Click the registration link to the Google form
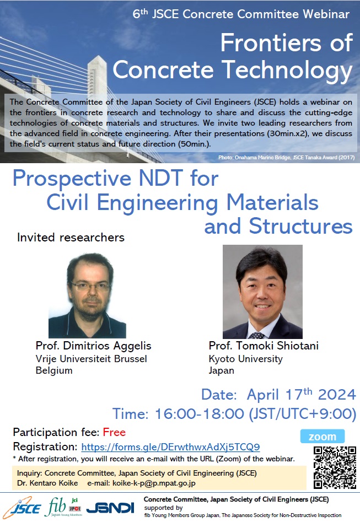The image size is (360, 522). tap(170, 447)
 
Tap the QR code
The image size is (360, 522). tap(335, 467)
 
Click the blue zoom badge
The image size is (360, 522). tap(323, 437)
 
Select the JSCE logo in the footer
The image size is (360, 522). tap(23, 508)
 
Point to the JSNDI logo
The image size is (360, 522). tap(110, 508)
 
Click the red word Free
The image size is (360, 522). tap(114, 432)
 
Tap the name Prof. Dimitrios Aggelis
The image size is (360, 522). tap(93, 346)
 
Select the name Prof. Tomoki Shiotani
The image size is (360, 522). tap(264, 346)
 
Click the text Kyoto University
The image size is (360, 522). tap(245, 359)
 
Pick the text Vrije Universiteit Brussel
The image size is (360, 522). tap(92, 359)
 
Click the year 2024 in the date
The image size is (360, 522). tap(337, 395)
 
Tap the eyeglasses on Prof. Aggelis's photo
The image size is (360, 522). tap(90, 286)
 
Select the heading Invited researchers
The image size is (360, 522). tap(71, 238)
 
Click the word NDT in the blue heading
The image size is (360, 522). tap(161, 178)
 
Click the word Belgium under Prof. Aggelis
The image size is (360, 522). tap(54, 370)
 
